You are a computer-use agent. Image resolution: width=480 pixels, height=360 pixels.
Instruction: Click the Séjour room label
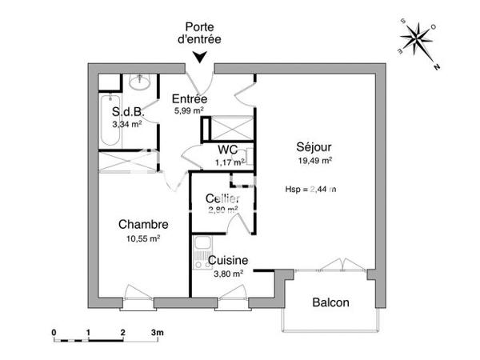pos(314,146)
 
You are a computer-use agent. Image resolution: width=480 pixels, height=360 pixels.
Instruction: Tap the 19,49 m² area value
pos(314,160)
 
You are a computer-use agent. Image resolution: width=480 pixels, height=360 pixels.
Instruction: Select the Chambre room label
pos(143,224)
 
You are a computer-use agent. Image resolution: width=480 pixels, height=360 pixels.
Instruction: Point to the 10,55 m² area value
pos(143,238)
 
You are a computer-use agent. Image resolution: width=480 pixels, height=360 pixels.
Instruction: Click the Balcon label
pos(330,303)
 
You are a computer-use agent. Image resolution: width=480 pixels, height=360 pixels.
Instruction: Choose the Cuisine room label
pos(228,260)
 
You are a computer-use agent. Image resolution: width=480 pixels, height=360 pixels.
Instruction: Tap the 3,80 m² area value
pos(228,273)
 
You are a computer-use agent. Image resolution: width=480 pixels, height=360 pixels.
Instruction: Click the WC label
pos(228,150)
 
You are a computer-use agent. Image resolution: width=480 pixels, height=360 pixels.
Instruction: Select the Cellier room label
pos(222,198)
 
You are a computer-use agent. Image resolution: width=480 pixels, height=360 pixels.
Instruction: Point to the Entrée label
pos(190,98)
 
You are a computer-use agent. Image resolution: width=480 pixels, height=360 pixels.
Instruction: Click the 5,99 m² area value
pos(190,110)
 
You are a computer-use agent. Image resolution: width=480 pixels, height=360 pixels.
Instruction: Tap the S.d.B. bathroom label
pos(127,112)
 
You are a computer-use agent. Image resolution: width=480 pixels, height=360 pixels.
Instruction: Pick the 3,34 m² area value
pos(127,124)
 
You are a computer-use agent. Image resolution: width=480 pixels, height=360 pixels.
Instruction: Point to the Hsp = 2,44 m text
pos(310,190)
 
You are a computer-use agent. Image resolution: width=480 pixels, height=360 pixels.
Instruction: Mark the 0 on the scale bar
pos(54,330)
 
